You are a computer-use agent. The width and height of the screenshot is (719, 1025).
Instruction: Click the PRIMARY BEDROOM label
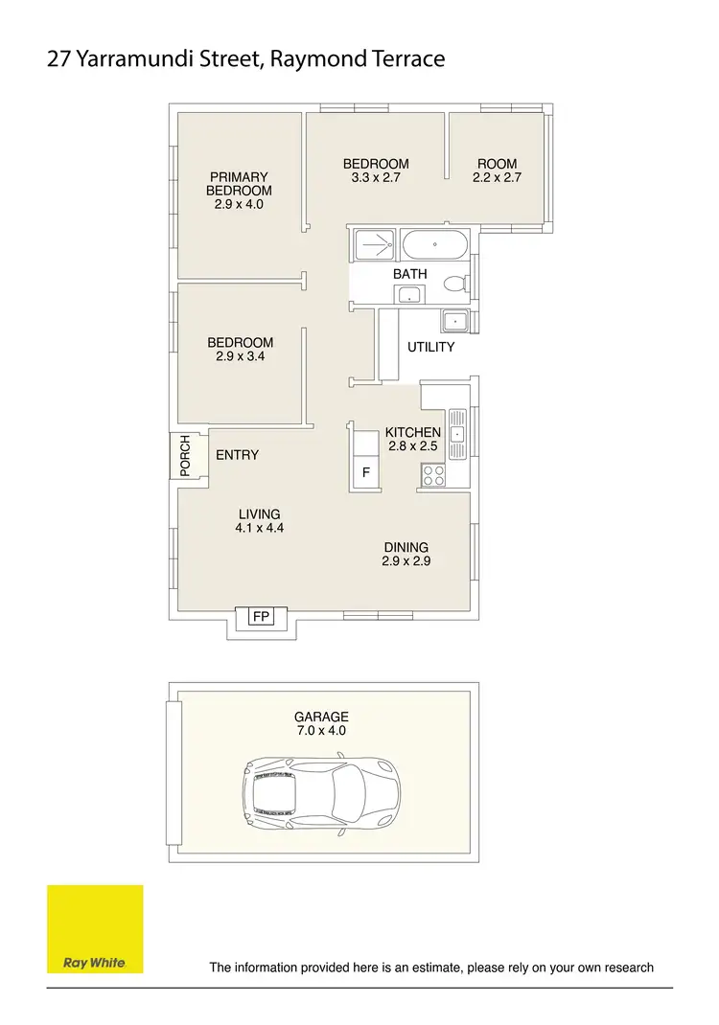(239, 190)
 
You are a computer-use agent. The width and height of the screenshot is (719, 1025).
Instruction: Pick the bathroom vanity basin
(410, 295)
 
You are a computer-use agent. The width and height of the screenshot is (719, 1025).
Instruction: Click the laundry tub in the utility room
(452, 321)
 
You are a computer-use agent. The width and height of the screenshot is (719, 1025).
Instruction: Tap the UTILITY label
(430, 347)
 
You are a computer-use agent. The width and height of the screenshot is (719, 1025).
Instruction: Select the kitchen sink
(457, 434)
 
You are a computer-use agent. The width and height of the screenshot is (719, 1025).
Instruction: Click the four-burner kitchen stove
(433, 473)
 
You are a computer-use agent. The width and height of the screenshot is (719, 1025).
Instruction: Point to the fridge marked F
(365, 472)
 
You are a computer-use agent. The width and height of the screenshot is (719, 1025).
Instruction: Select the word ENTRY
(237, 455)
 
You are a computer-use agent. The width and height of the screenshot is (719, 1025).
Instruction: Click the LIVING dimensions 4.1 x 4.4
(260, 528)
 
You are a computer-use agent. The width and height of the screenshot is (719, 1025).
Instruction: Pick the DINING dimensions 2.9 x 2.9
(406, 561)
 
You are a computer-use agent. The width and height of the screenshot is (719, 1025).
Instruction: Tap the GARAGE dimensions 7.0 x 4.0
(322, 730)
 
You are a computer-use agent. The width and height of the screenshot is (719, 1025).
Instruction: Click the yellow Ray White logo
(95, 929)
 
